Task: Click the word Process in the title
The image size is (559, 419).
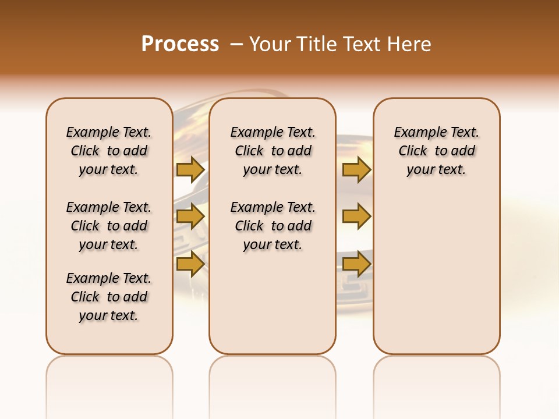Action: click(180, 44)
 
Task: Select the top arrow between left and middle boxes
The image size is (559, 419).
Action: click(190, 169)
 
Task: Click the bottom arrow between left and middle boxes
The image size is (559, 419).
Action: click(190, 264)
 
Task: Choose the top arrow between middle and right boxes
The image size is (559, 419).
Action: click(356, 169)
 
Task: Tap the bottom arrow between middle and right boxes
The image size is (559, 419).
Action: click(356, 264)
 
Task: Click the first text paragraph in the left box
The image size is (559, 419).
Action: click(109, 151)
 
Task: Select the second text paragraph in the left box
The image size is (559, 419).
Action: click(109, 226)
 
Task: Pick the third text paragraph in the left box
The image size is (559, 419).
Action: click(109, 297)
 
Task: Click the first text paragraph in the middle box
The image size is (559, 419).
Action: click(273, 151)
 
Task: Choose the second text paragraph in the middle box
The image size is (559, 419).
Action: click(273, 226)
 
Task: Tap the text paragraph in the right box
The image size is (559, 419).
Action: click(437, 151)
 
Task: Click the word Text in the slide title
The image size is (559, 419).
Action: click(365, 44)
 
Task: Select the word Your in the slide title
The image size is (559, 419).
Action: click(268, 44)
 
